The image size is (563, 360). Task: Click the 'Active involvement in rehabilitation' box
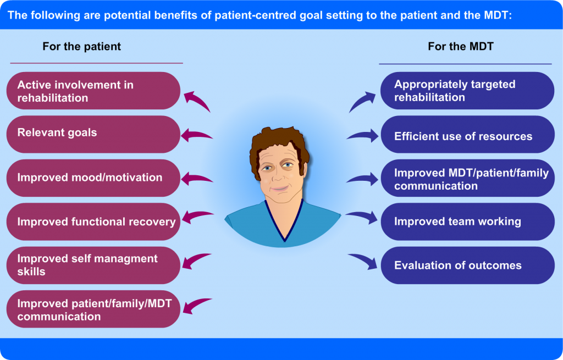coord(93,91)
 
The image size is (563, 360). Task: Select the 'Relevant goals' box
coord(93,134)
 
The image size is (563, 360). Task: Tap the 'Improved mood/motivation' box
coord(93,178)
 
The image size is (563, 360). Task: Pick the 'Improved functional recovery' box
coord(93,221)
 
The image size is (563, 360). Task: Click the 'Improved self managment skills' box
coord(93,265)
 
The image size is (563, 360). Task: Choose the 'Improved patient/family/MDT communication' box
coord(93,309)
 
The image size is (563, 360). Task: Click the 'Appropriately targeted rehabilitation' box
coord(467,91)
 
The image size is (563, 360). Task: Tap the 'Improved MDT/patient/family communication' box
coord(467,178)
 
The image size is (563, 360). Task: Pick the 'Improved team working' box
coord(467,221)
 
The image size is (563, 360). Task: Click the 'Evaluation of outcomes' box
coord(467,265)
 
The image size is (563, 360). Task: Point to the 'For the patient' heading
coord(81,47)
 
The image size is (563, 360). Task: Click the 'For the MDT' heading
coord(461,47)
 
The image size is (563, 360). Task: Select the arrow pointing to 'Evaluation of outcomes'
coord(364,261)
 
